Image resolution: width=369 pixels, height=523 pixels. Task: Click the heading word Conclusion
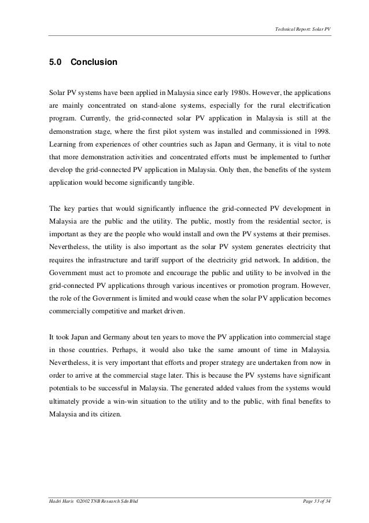point(94,62)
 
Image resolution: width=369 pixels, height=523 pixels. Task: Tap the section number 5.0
point(56,62)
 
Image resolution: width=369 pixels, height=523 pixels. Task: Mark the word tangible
point(175,182)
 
